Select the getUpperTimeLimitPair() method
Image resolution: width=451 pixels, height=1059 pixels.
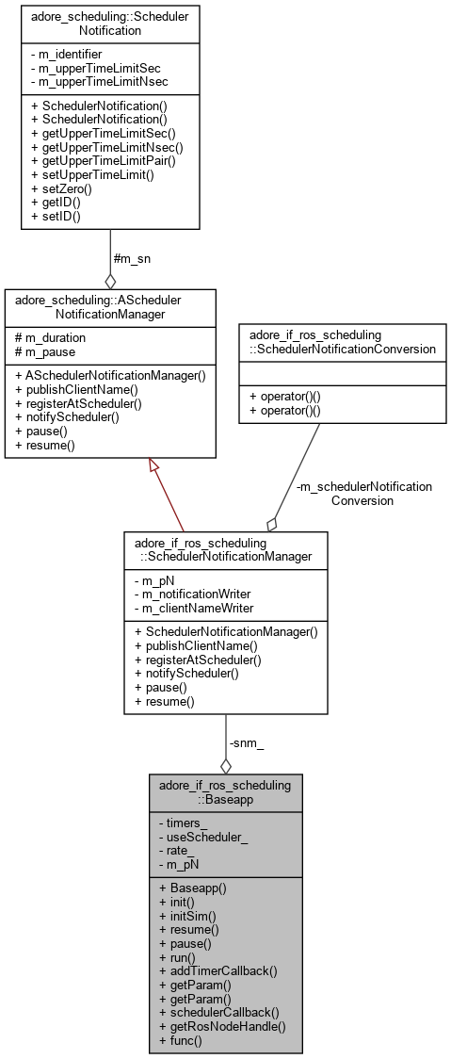(x=103, y=160)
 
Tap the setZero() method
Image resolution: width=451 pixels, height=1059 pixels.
(x=61, y=187)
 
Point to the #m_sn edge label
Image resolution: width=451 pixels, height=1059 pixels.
(x=132, y=258)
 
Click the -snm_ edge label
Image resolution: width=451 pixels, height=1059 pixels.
(x=248, y=743)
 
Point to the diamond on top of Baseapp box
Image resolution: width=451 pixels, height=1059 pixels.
(x=225, y=766)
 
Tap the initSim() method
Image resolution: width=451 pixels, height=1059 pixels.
(x=186, y=915)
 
